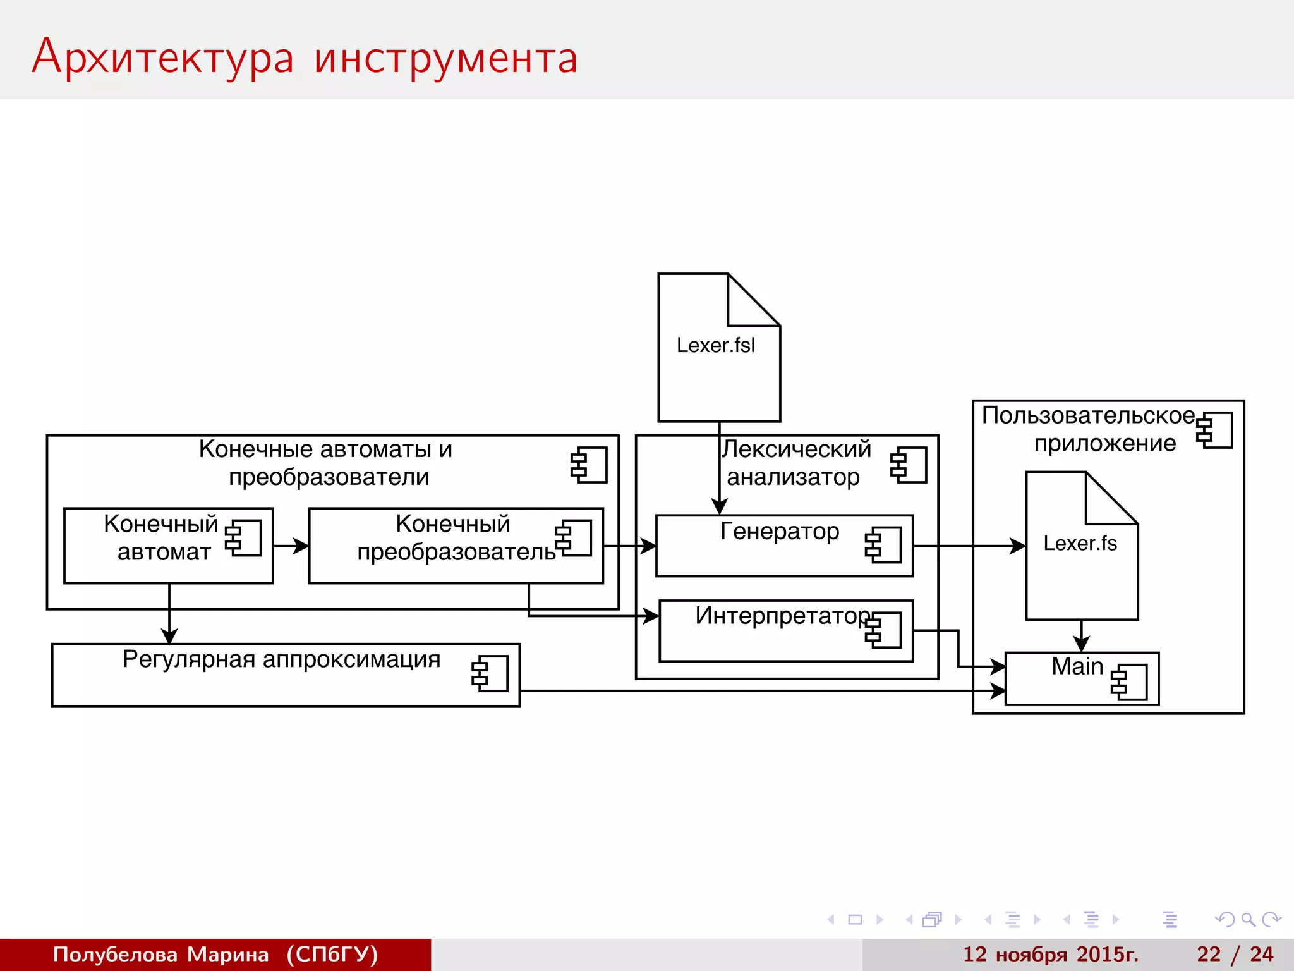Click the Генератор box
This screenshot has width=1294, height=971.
783,546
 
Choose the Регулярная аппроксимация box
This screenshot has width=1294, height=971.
285,675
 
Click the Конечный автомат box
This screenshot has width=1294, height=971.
168,545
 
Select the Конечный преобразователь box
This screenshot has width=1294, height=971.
455,545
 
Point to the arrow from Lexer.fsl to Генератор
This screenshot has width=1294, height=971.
719,468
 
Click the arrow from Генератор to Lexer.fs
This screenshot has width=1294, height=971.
969,546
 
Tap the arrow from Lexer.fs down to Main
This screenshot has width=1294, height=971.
1081,636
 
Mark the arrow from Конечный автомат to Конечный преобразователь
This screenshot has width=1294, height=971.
291,546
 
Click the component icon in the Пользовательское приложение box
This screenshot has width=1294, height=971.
1214,430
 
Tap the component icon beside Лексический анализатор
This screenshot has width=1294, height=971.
909,465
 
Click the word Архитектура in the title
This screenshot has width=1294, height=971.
163,57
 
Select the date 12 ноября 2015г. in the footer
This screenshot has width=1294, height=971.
1050,954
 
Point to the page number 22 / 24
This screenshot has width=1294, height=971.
1235,954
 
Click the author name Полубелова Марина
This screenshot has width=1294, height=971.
160,954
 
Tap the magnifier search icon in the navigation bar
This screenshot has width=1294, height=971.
1247,919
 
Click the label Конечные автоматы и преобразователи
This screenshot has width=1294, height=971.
326,463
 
